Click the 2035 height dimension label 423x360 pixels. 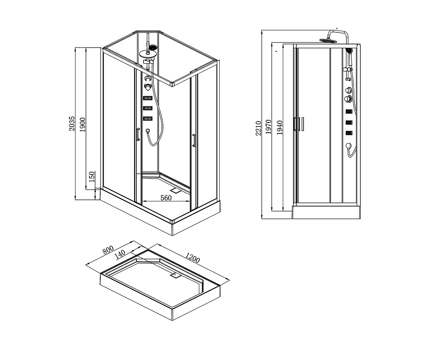click(72, 123)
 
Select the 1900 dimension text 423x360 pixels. click(83, 125)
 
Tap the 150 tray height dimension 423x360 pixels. click(92, 177)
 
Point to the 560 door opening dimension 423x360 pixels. click(166, 198)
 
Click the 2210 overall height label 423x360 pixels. click(258, 128)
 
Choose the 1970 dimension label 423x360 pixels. click(268, 127)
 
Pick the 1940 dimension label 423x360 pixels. click(280, 127)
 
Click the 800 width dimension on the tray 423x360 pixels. click(108, 250)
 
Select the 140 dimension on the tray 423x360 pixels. click(120, 254)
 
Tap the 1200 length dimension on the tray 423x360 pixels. click(193, 258)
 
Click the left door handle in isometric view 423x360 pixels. click(138, 134)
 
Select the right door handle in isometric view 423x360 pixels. click(194, 141)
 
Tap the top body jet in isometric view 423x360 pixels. click(147, 98)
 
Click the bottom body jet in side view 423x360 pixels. click(349, 133)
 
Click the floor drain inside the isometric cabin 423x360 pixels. click(177, 190)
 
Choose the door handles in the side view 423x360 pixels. click(299, 124)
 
